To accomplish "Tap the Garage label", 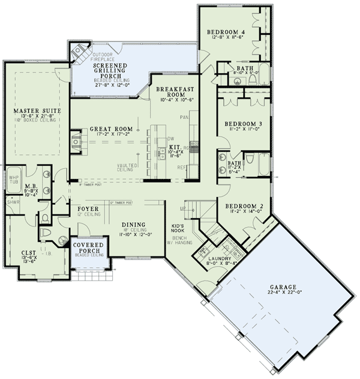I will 283,287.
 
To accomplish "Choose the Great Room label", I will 110,129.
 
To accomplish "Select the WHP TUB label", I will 13,180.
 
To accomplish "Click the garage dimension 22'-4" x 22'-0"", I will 283,293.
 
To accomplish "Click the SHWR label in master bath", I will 13,202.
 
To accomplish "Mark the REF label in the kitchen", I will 180,167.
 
